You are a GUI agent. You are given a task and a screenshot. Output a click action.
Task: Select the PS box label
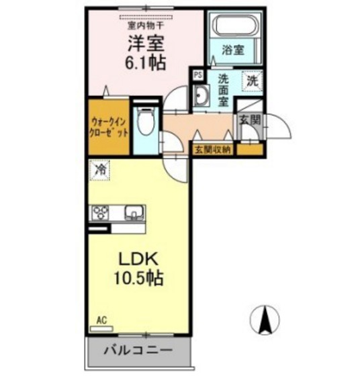tap(197, 75)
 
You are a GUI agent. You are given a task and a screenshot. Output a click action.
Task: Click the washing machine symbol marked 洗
tap(253, 81)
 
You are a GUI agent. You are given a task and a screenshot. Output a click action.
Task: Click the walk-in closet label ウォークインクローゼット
tap(106, 128)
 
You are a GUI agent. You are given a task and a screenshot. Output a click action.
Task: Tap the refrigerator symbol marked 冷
tap(99, 169)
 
